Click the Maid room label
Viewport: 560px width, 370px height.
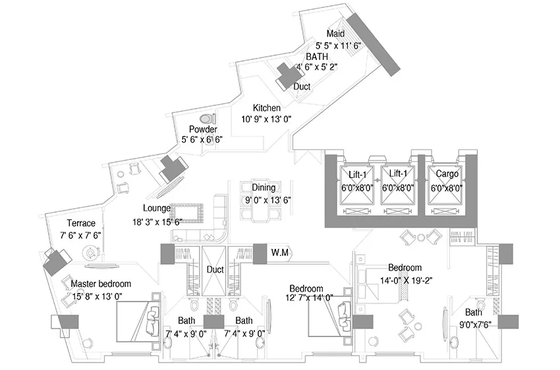click(x=336, y=34)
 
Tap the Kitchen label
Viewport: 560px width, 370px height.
click(x=266, y=108)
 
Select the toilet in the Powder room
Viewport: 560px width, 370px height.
click(x=207, y=118)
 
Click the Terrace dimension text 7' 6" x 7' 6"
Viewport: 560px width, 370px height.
click(x=81, y=235)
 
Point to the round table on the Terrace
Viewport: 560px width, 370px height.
click(x=90, y=253)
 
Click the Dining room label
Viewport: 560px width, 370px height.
click(x=264, y=188)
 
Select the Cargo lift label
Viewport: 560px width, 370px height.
click(x=447, y=174)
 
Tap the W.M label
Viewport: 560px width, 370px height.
click(x=279, y=253)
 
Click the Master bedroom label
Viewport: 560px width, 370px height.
click(x=101, y=284)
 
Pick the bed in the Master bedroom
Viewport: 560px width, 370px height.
click(x=138, y=321)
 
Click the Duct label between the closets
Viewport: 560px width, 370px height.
click(x=215, y=270)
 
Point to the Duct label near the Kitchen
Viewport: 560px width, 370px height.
click(x=302, y=86)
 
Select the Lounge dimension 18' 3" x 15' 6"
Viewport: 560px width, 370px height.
click(x=157, y=223)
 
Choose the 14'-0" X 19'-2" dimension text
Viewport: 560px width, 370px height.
click(x=406, y=280)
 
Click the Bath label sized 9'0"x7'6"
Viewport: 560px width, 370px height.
click(x=473, y=313)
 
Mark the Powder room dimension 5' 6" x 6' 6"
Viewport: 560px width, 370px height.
click(x=202, y=140)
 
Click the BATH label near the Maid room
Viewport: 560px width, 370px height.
click(x=317, y=57)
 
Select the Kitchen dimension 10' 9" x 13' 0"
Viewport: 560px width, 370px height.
click(x=266, y=119)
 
